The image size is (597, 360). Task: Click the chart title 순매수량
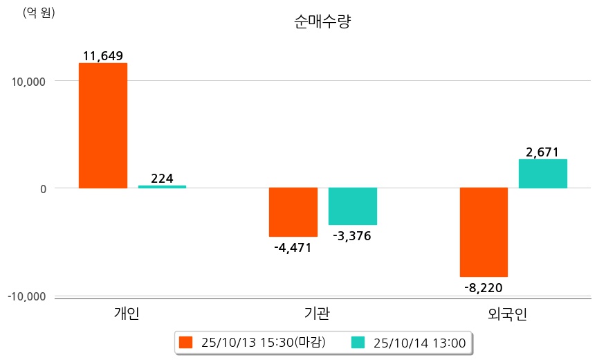322,21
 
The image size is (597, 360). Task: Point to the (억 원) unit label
39,13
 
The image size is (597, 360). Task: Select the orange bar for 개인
102,125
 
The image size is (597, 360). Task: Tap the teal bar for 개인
162,186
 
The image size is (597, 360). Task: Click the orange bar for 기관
293,212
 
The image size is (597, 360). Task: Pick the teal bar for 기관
352,206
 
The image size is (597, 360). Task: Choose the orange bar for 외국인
484,232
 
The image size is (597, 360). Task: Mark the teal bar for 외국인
542,174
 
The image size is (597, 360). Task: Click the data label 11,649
102,56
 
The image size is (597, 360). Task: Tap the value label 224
162,179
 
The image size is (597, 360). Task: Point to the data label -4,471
293,247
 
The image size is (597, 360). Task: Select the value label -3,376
352,236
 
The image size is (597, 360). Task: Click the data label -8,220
484,287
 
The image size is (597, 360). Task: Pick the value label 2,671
542,152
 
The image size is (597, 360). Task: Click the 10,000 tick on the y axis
28,81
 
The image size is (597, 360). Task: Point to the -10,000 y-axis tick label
26,296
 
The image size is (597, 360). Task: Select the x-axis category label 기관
317,314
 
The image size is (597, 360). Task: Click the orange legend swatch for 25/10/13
185,342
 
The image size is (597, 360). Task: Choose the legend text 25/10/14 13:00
419,342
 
